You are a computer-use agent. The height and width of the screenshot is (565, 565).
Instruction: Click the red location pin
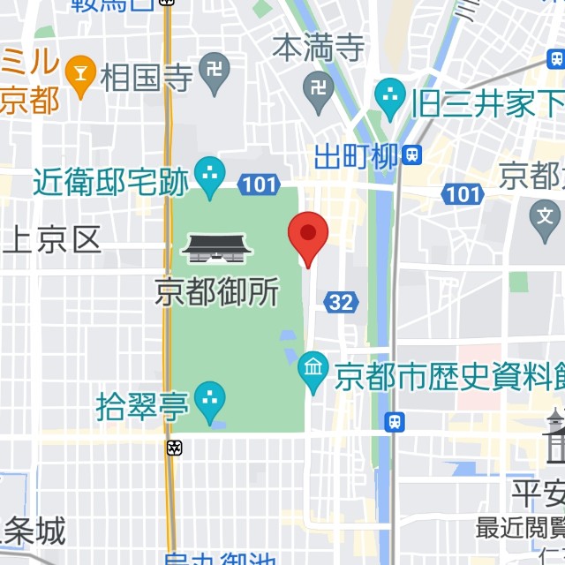308,235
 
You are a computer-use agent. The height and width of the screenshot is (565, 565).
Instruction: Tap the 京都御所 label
217,292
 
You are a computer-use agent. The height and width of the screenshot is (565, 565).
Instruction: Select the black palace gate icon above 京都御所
217,249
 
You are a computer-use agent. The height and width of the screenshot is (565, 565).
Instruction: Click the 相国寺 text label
147,78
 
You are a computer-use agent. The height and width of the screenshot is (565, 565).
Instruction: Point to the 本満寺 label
318,48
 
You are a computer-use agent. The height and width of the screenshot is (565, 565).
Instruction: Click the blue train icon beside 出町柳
411,155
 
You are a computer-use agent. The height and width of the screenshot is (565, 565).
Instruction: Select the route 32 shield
341,303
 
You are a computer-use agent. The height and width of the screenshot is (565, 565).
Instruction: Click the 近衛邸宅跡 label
111,183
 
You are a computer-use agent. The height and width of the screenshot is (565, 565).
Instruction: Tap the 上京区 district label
52,238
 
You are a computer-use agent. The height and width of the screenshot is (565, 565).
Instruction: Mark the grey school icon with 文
546,215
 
